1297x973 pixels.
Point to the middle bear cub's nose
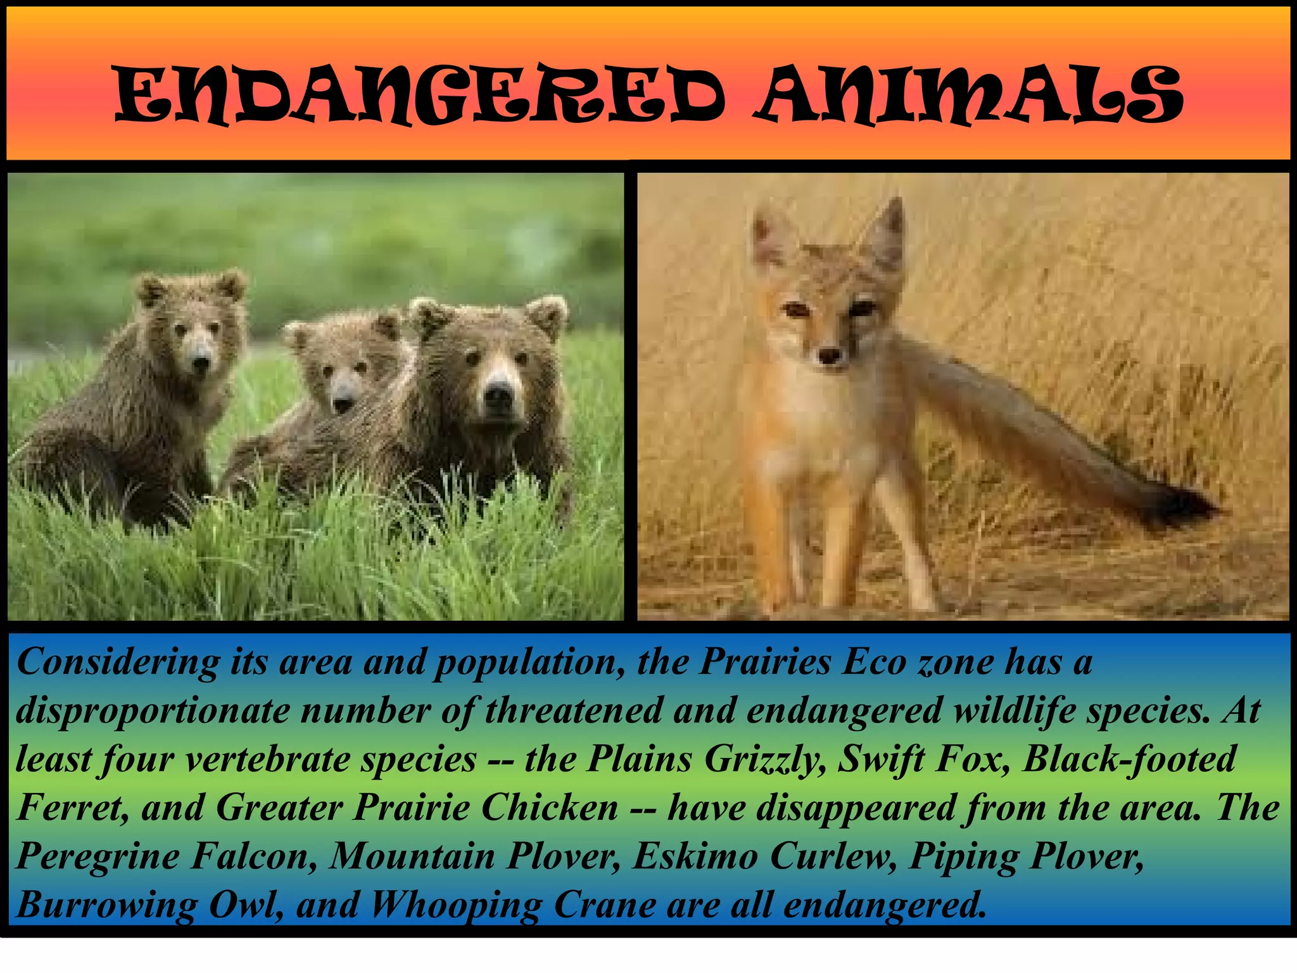343,404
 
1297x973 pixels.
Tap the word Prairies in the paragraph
765,663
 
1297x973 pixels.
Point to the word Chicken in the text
549,808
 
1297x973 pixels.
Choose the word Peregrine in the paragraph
98,857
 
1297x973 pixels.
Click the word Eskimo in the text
695,857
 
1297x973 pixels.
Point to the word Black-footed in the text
1129,760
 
